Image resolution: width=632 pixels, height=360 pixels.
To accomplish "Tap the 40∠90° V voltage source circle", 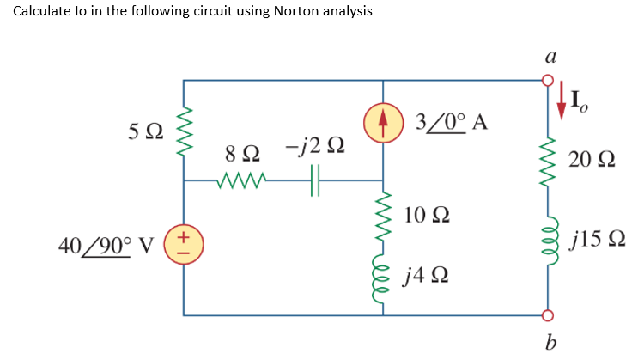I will coord(183,245).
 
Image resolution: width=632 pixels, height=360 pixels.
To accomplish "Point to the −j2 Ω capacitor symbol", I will coord(314,181).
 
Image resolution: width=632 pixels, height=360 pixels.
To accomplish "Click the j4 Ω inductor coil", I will coord(383,275).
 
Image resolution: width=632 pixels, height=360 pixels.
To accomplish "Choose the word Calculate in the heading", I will coord(44,11).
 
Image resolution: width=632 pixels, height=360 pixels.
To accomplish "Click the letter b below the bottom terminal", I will coord(548,345).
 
